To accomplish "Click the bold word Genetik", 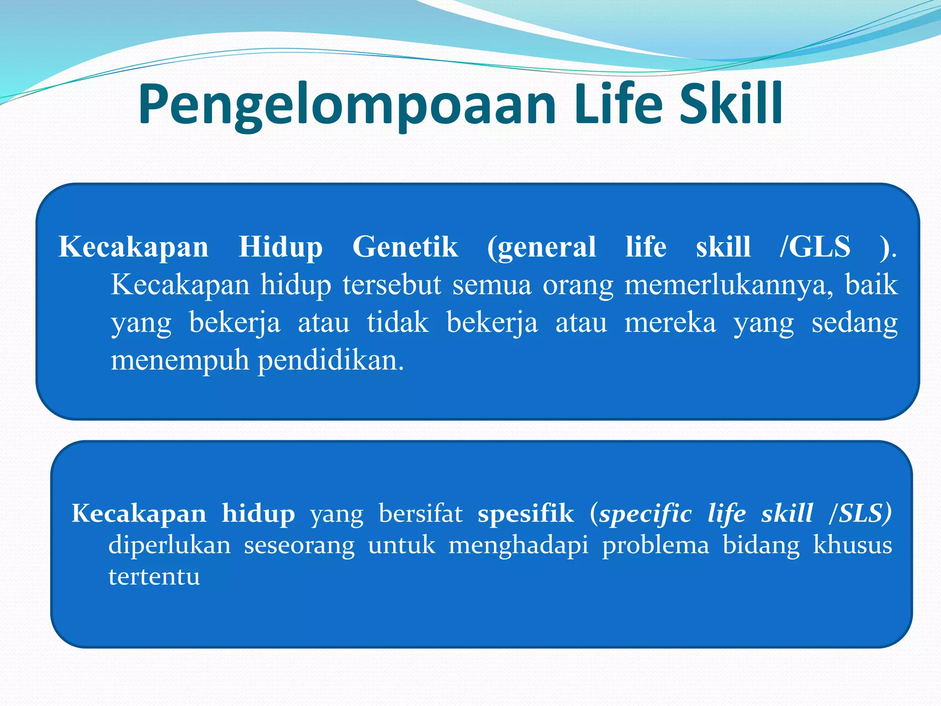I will (405, 247).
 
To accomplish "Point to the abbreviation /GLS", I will (815, 247).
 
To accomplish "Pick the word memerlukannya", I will (729, 285).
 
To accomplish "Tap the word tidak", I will (398, 323).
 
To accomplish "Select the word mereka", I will (670, 323).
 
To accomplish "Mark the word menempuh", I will (180, 361).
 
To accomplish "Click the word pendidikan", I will (331, 361).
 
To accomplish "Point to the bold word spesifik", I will (526, 513).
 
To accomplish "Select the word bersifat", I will (420, 513).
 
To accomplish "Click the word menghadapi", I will (518, 546).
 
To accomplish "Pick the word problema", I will (656, 546).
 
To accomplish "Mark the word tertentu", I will (154, 576).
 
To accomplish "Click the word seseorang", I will (299, 546).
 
